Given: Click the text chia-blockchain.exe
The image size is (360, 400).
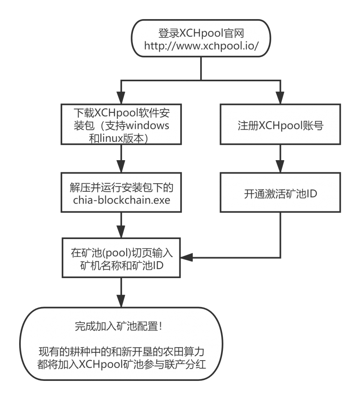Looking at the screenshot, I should (x=121, y=200).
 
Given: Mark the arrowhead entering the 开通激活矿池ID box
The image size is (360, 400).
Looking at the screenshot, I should (x=280, y=167).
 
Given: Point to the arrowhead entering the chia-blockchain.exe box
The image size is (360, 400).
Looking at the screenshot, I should (x=121, y=167).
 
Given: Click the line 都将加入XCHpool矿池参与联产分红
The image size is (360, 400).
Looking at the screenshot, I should (x=121, y=364).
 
